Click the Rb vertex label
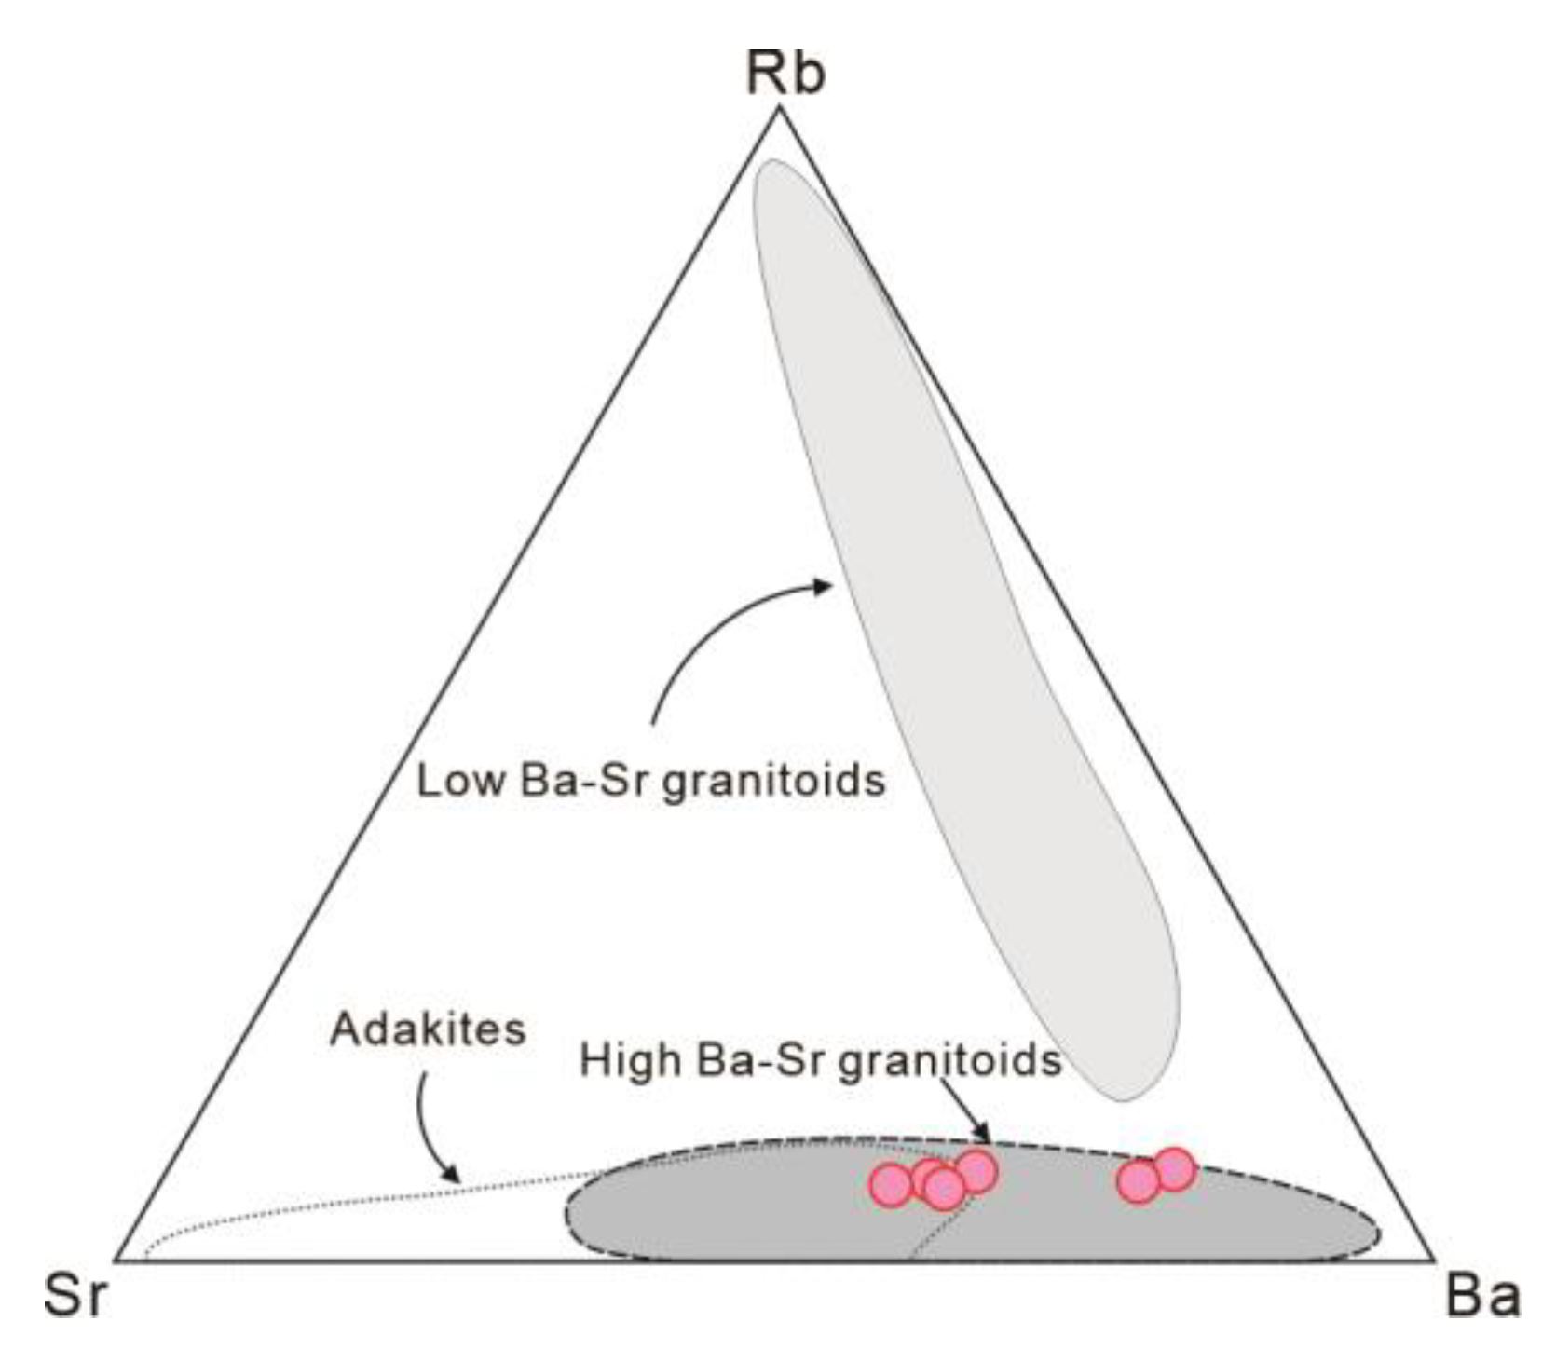coord(785,75)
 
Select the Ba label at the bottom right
coord(1482,1296)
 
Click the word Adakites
coord(428,1029)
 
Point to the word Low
coord(460,780)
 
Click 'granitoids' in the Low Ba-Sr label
coord(773,781)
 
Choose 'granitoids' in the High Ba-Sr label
coord(950,1061)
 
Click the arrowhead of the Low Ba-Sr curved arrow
coord(824,586)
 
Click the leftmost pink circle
coord(891,1186)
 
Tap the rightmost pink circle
coord(1174,1169)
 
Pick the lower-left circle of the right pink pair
coord(1139,1182)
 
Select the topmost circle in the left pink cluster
coord(976,1171)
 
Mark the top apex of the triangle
coord(780,109)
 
